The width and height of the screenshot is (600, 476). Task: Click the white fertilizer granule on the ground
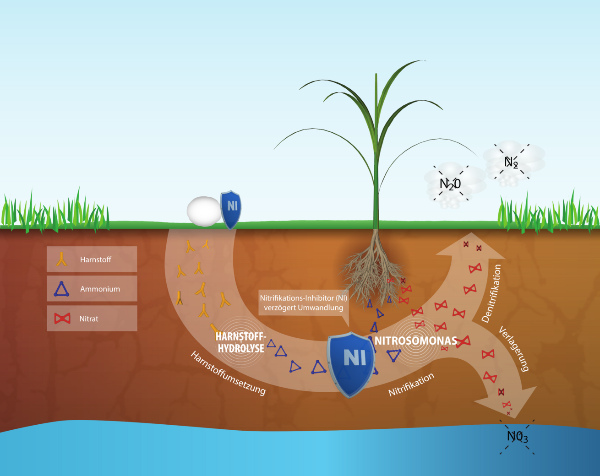pos(204,211)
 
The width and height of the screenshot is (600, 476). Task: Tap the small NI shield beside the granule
pos(231,210)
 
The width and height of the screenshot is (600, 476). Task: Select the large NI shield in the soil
pos(351,364)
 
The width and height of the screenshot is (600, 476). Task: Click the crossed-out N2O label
pos(450,184)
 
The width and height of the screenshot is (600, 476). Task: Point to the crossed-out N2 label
pos(511,162)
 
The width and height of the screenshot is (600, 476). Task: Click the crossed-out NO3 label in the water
pos(517,437)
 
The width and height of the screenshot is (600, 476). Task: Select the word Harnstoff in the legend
pos(96,260)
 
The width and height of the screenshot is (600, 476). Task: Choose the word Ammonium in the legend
pos(100,289)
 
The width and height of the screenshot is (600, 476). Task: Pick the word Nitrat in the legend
pos(89,319)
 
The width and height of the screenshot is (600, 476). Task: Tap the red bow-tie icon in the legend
pos(62,319)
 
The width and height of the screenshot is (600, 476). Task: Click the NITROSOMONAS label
pos(416,341)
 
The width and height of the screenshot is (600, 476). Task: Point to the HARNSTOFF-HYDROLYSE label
pos(241,342)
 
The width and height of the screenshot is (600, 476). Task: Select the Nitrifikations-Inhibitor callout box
pos(304,303)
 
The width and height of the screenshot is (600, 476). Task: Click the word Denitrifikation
pos(491,293)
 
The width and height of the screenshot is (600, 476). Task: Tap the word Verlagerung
pos(513,349)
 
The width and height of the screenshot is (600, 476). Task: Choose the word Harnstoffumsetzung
pos(228,373)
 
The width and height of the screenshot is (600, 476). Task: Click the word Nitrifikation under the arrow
pos(411,384)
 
